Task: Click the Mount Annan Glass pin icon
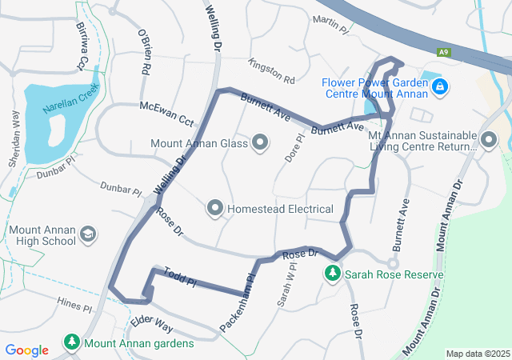click(260, 144)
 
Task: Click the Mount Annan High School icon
click(89, 235)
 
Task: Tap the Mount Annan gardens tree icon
click(72, 343)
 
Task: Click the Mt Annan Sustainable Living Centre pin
click(488, 141)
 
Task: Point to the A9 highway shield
click(442, 52)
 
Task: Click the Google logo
click(26, 350)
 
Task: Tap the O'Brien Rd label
click(145, 54)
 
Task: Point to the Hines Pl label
click(75, 303)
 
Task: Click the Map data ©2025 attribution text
click(477, 354)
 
